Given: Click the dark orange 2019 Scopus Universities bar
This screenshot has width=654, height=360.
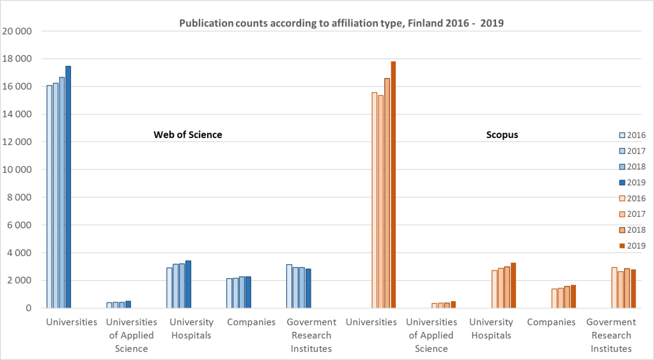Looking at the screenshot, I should pyautogui.click(x=393, y=185).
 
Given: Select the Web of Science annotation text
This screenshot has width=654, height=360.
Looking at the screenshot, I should pyautogui.click(x=187, y=134).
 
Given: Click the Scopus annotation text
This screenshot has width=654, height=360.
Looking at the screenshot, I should pyautogui.click(x=502, y=135).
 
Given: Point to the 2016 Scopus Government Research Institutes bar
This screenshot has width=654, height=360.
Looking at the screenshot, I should pyautogui.click(x=614, y=288).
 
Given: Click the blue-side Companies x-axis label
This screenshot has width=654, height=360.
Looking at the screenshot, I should pyautogui.click(x=251, y=322).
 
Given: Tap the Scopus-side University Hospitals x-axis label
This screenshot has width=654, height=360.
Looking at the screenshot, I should pyautogui.click(x=491, y=329).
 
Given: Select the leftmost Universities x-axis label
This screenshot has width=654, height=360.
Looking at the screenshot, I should pyautogui.click(x=72, y=322).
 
